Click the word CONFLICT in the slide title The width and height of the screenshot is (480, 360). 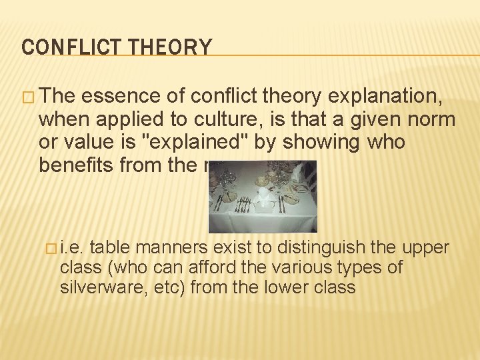coord(58,47)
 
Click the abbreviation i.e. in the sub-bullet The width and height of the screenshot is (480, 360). coord(71,249)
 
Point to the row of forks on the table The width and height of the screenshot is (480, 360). coord(243,205)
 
